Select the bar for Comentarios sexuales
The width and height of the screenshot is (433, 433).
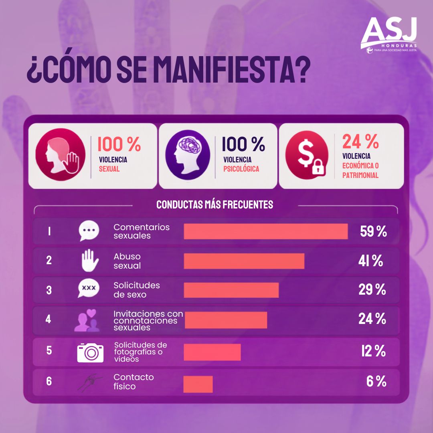click(266, 231)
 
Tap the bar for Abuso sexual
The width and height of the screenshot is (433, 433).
click(244, 261)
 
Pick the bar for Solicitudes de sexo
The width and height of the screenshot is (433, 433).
click(231, 290)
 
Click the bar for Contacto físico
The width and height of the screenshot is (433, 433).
click(198, 384)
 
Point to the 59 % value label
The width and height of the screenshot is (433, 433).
click(373, 231)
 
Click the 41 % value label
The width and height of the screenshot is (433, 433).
click(370, 261)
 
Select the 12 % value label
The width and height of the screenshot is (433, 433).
click(373, 351)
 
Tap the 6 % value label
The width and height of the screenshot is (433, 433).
click(376, 381)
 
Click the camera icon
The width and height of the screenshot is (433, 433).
click(90, 353)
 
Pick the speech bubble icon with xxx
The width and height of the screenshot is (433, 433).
click(89, 288)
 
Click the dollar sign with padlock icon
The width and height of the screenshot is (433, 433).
click(307, 155)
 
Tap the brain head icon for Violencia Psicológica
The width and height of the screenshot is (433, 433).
click(188, 155)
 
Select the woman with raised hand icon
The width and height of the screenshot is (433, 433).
click(61, 155)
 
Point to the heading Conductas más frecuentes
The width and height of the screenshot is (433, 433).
click(215, 204)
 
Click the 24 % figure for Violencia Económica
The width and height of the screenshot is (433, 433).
click(360, 142)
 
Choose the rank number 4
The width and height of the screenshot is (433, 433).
click(49, 319)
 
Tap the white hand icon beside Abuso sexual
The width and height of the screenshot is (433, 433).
click(90, 261)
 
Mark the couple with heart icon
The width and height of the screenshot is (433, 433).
click(87, 320)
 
